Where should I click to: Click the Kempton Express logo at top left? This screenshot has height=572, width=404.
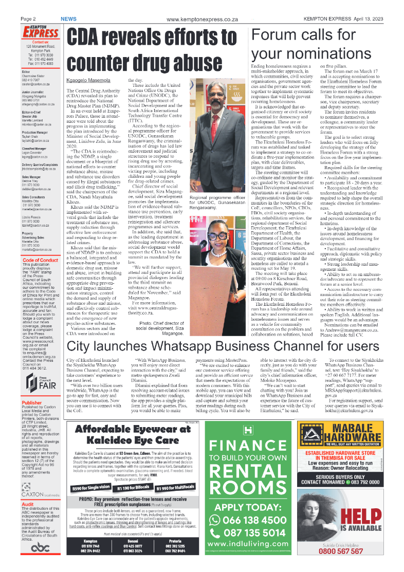[x=40, y=32]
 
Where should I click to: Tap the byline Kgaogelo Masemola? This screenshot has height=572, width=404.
[x=88, y=81]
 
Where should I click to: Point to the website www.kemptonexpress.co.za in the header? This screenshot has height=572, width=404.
[x=202, y=19]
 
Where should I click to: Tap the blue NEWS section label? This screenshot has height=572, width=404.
[x=68, y=19]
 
